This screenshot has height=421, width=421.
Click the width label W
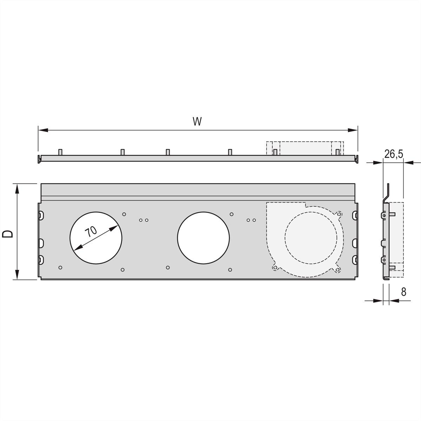pos(197,121)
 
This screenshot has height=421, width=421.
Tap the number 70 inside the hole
pos(91,232)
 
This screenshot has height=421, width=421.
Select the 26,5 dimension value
pos(393,154)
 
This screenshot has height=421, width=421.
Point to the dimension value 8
pos(403,292)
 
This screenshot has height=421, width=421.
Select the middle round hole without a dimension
pos(203,238)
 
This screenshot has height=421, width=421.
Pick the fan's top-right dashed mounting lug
pos(339,213)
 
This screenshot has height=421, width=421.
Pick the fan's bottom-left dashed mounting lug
pos(275,268)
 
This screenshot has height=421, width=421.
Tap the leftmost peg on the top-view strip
pos(60,152)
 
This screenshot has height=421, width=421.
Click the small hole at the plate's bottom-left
pos(60,268)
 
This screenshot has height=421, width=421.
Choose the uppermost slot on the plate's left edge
pos(41,214)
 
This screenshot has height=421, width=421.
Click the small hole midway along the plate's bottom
pos(168,268)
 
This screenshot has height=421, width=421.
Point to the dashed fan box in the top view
pos(305,148)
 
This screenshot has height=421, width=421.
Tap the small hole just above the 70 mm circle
pos(124,214)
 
